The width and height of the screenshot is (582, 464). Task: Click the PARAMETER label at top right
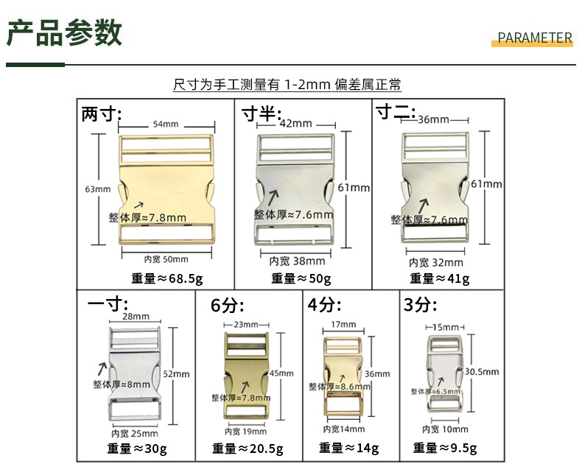pos(535,38)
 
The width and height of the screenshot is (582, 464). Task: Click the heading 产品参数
pos(64,34)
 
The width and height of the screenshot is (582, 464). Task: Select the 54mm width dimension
pos(166,124)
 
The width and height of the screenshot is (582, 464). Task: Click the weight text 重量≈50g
pos(301,278)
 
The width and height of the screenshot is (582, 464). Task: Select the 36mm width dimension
pos(433,119)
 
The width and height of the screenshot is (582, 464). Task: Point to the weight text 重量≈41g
pos(439,278)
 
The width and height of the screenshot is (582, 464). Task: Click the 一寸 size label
pos(108,304)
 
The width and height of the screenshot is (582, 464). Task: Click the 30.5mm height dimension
pos(482,372)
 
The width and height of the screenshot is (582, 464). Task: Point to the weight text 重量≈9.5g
pos(445,448)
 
